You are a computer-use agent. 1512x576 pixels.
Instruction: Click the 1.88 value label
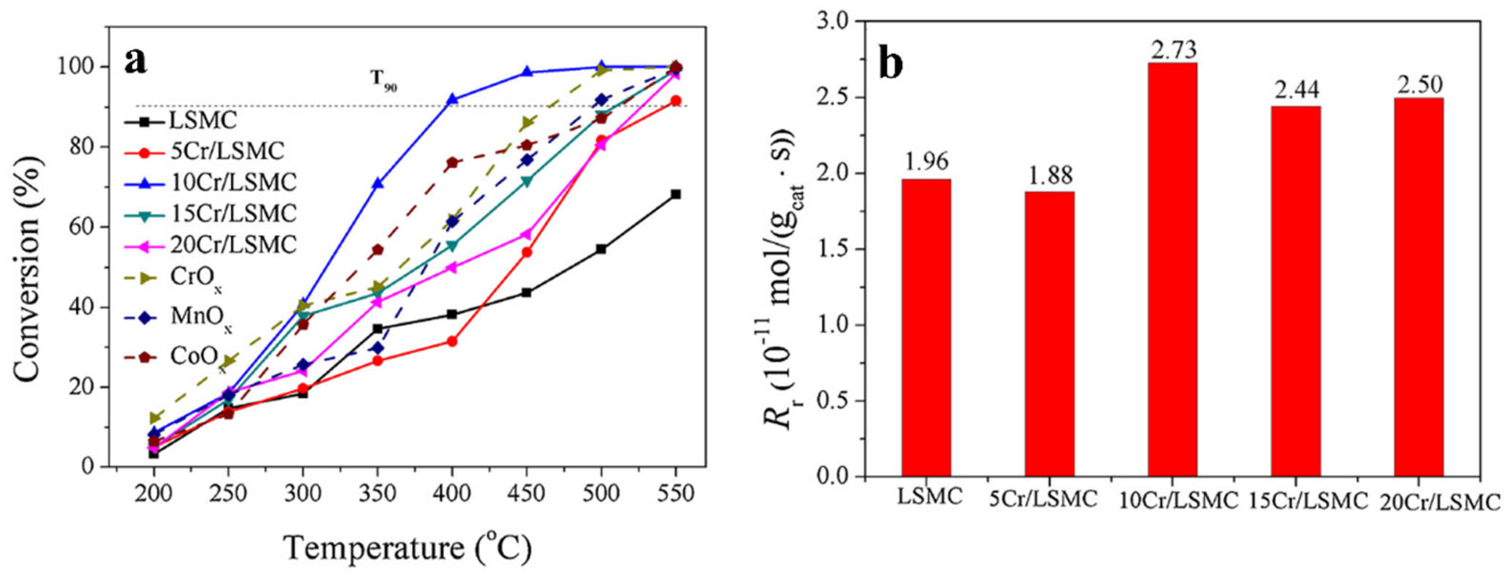1049,175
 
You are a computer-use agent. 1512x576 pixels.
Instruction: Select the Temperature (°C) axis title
408,549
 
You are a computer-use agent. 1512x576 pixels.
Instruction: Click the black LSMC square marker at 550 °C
675,194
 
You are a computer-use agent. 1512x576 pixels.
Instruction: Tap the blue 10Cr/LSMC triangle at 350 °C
378,184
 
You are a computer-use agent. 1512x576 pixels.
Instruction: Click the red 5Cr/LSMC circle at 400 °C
452,341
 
